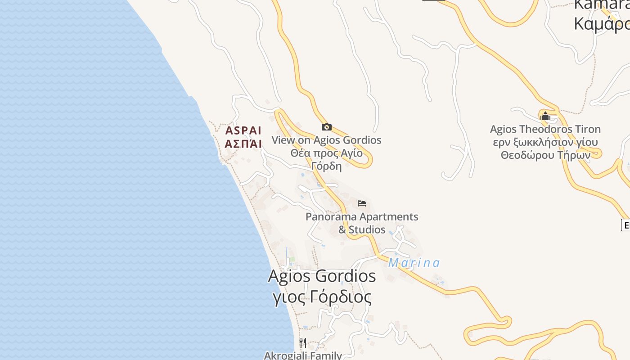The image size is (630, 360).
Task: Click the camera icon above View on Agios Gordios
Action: pos(327,127)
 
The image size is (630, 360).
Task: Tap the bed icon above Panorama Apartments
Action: pos(362,203)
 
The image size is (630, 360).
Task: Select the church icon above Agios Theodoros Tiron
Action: pos(545,116)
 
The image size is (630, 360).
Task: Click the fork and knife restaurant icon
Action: pos(303,343)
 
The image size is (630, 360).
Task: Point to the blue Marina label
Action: pos(414,263)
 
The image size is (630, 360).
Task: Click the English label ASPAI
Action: pos(243,131)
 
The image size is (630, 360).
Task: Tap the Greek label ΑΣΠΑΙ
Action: pos(243,144)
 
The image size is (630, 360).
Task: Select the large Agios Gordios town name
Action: pos(322,276)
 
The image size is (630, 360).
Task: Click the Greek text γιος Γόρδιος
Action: pos(322,297)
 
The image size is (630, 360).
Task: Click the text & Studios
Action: pos(362,229)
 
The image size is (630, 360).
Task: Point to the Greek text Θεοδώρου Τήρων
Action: pos(545,155)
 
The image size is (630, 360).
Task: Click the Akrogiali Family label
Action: pos(303,355)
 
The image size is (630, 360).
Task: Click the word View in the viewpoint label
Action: pos(283,140)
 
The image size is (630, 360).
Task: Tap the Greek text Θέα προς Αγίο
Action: pos(326,153)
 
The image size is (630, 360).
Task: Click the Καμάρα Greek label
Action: pos(601,24)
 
